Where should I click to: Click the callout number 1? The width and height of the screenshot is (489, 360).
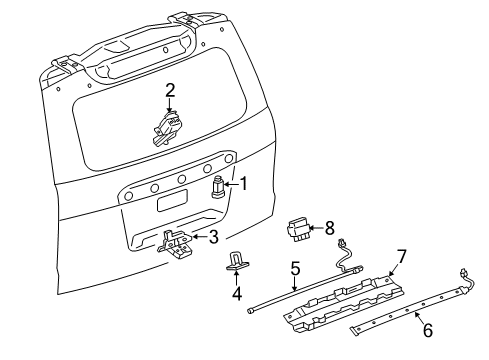pos(242,182)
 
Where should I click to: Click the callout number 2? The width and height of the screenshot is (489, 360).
pos(170,90)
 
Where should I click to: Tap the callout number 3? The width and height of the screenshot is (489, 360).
pos(213,237)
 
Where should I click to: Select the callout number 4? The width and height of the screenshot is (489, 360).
pos(237,294)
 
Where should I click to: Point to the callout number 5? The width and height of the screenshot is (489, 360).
pos(295,269)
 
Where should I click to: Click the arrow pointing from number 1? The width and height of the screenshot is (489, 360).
pos(231,183)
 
